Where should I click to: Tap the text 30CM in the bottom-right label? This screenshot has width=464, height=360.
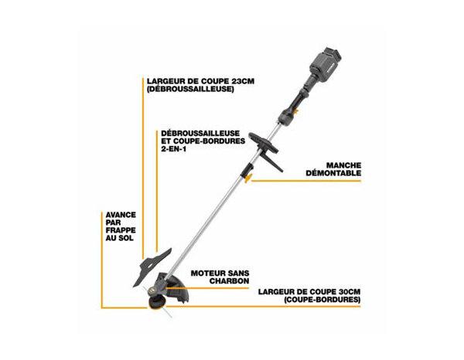(344, 291)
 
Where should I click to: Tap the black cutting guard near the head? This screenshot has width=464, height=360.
(180, 290)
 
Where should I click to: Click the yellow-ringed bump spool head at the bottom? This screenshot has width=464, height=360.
(155, 305)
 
